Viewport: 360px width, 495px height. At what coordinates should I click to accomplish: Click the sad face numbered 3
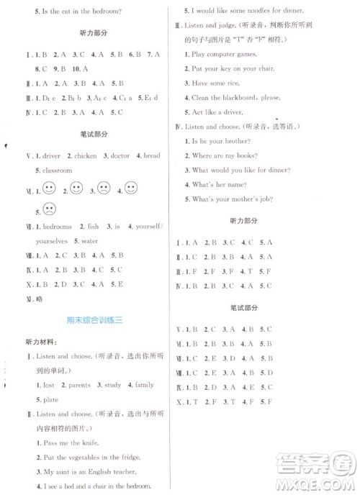point(104,190)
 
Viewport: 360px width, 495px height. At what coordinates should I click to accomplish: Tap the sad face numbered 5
point(49,209)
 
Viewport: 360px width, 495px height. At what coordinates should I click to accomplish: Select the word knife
point(89,442)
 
